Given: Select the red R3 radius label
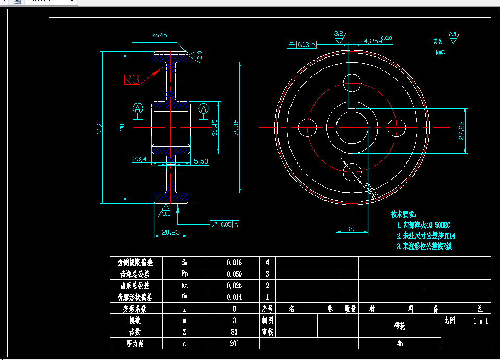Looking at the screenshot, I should (x=132, y=79).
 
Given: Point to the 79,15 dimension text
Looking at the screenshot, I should (x=236, y=127).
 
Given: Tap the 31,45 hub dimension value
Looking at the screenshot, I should (x=214, y=127).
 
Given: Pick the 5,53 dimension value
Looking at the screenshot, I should (x=201, y=161).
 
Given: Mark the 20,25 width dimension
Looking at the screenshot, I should (x=171, y=232).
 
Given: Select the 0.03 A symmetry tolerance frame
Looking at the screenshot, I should (x=302, y=44).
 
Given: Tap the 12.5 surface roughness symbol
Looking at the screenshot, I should (x=451, y=36).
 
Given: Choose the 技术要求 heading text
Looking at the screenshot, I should (x=404, y=214).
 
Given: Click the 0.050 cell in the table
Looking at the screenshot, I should (x=234, y=274).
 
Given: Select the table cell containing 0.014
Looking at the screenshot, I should (x=234, y=297).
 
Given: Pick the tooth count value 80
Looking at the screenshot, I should (x=234, y=331).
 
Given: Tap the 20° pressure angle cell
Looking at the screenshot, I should (x=234, y=343).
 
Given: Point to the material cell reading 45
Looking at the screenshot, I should (x=400, y=343).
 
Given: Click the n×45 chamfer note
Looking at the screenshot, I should (x=159, y=36).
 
